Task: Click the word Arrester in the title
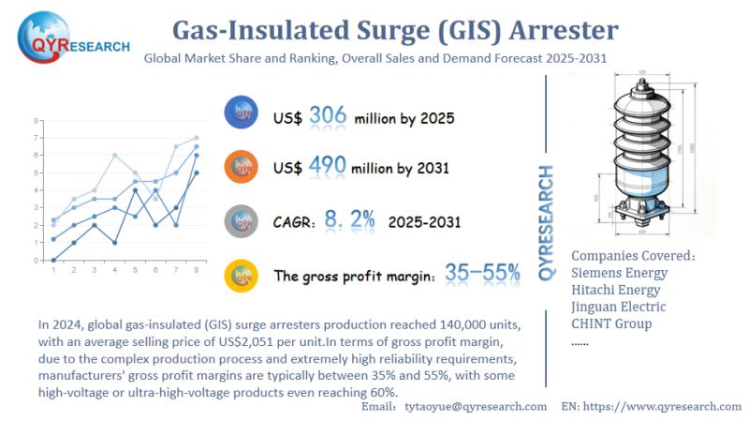(567, 30)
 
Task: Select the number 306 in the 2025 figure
(328, 116)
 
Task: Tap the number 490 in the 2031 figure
(328, 167)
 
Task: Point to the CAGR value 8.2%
(350, 220)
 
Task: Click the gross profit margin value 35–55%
(483, 273)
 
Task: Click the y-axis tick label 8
(36, 121)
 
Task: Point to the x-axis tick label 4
(114, 270)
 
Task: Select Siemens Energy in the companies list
(619, 273)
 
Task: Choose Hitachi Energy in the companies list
(618, 290)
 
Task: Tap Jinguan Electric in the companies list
(619, 307)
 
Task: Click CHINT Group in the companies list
(612, 324)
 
